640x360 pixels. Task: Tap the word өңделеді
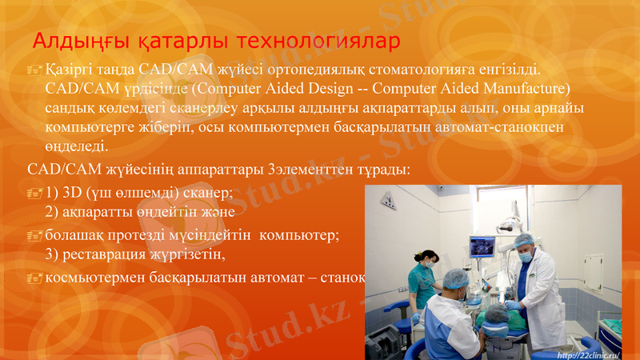[76, 147]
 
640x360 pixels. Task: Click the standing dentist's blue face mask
[525, 258]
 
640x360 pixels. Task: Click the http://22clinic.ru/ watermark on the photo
[587, 354]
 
